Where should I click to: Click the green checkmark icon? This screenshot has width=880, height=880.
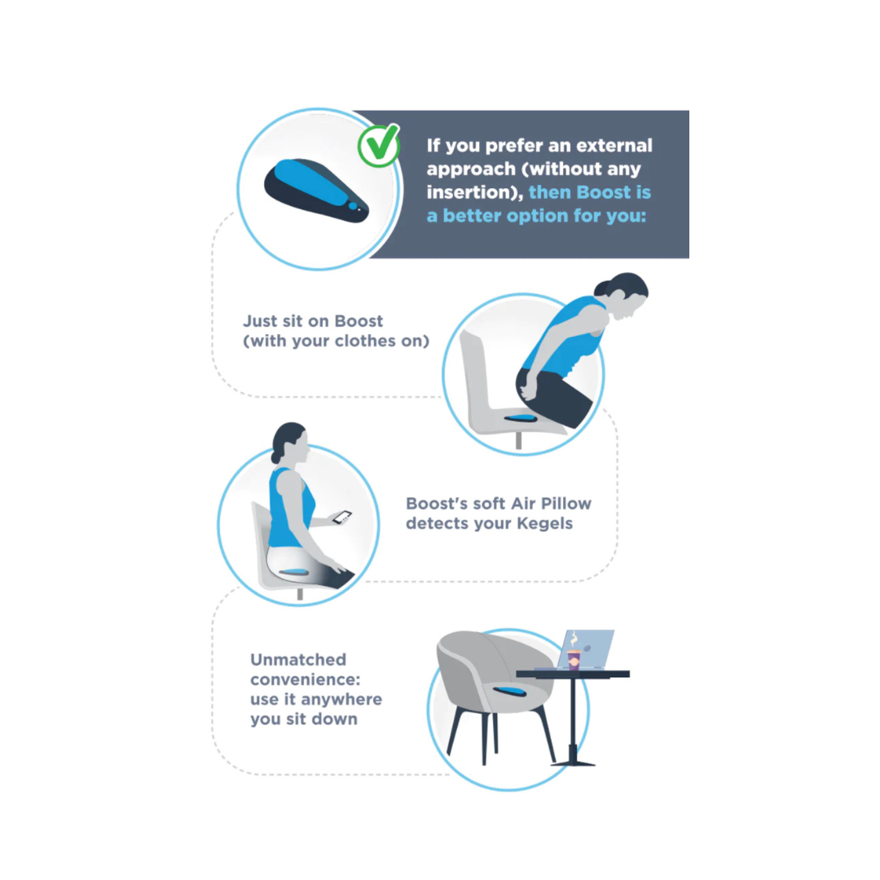[379, 145]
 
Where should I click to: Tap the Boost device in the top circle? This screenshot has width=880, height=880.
[316, 191]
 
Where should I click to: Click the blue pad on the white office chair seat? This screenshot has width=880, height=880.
[521, 417]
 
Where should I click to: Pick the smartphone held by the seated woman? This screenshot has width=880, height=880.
[341, 517]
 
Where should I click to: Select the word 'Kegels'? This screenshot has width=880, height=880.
[544, 524]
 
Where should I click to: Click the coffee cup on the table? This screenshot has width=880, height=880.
[574, 659]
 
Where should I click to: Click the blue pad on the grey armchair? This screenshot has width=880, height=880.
[509, 691]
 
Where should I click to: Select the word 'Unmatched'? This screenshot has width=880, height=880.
[298, 659]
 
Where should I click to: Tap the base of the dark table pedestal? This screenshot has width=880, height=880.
[572, 762]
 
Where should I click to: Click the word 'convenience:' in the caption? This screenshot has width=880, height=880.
[306, 680]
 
